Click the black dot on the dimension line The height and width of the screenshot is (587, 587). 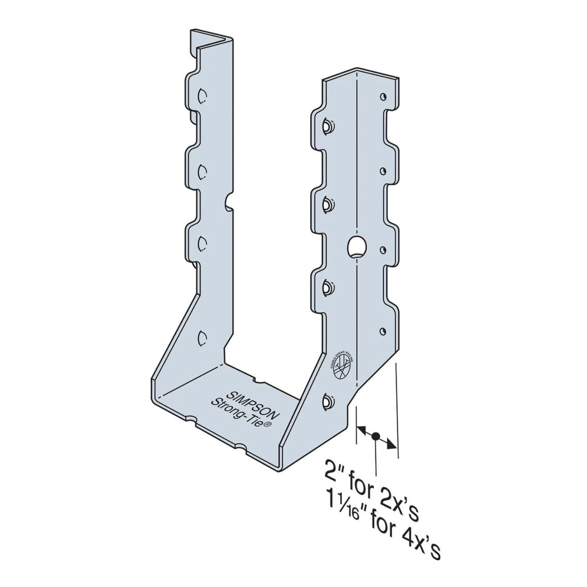(376, 436)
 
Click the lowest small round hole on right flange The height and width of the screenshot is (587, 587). (382, 331)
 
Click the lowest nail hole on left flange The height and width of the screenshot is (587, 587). (202, 336)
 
